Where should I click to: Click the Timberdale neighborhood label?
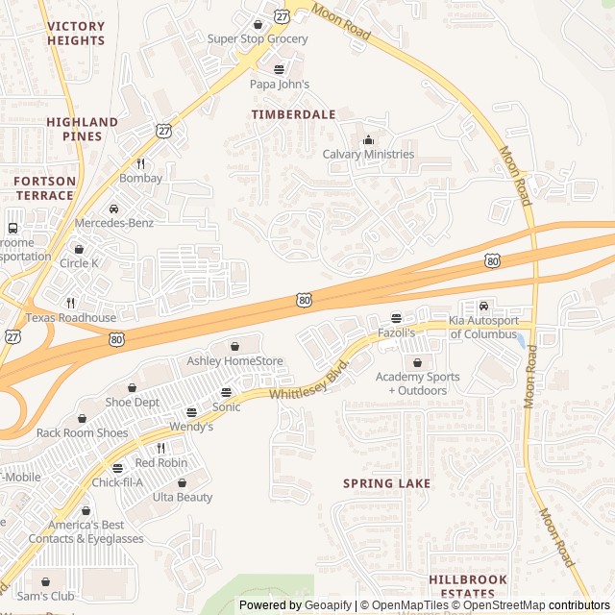point(293,114)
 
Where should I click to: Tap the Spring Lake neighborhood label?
point(386,483)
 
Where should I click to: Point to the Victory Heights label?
point(75,34)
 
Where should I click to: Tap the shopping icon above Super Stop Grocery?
point(258,24)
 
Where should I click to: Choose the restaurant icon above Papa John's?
point(279,69)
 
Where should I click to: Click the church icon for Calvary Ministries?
point(368,139)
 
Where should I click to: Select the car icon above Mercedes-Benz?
point(113,209)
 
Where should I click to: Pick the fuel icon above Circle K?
point(79,249)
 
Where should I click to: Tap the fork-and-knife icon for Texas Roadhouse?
point(70,303)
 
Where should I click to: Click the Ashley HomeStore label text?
point(234,361)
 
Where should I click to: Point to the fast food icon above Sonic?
point(226,392)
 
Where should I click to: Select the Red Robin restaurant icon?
point(160,448)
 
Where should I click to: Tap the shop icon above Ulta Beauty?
point(182,482)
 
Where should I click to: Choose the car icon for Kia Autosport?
point(483,306)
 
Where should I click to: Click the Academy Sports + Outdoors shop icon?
point(417,362)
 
